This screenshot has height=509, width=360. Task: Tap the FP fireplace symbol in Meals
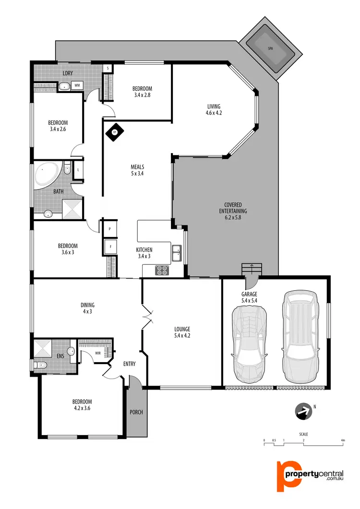114,131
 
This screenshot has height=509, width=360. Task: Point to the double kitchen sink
177,253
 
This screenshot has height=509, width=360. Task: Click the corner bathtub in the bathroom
47,175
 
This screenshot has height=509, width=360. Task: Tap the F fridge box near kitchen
110,247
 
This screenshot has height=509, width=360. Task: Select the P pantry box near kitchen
110,229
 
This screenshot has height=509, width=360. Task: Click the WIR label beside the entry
98,353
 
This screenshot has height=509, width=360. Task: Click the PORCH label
136,412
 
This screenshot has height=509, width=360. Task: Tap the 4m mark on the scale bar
342,440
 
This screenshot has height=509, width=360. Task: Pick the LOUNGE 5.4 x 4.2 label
182,332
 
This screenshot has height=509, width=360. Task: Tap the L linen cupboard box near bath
78,169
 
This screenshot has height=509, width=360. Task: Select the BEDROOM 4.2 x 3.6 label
82,405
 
